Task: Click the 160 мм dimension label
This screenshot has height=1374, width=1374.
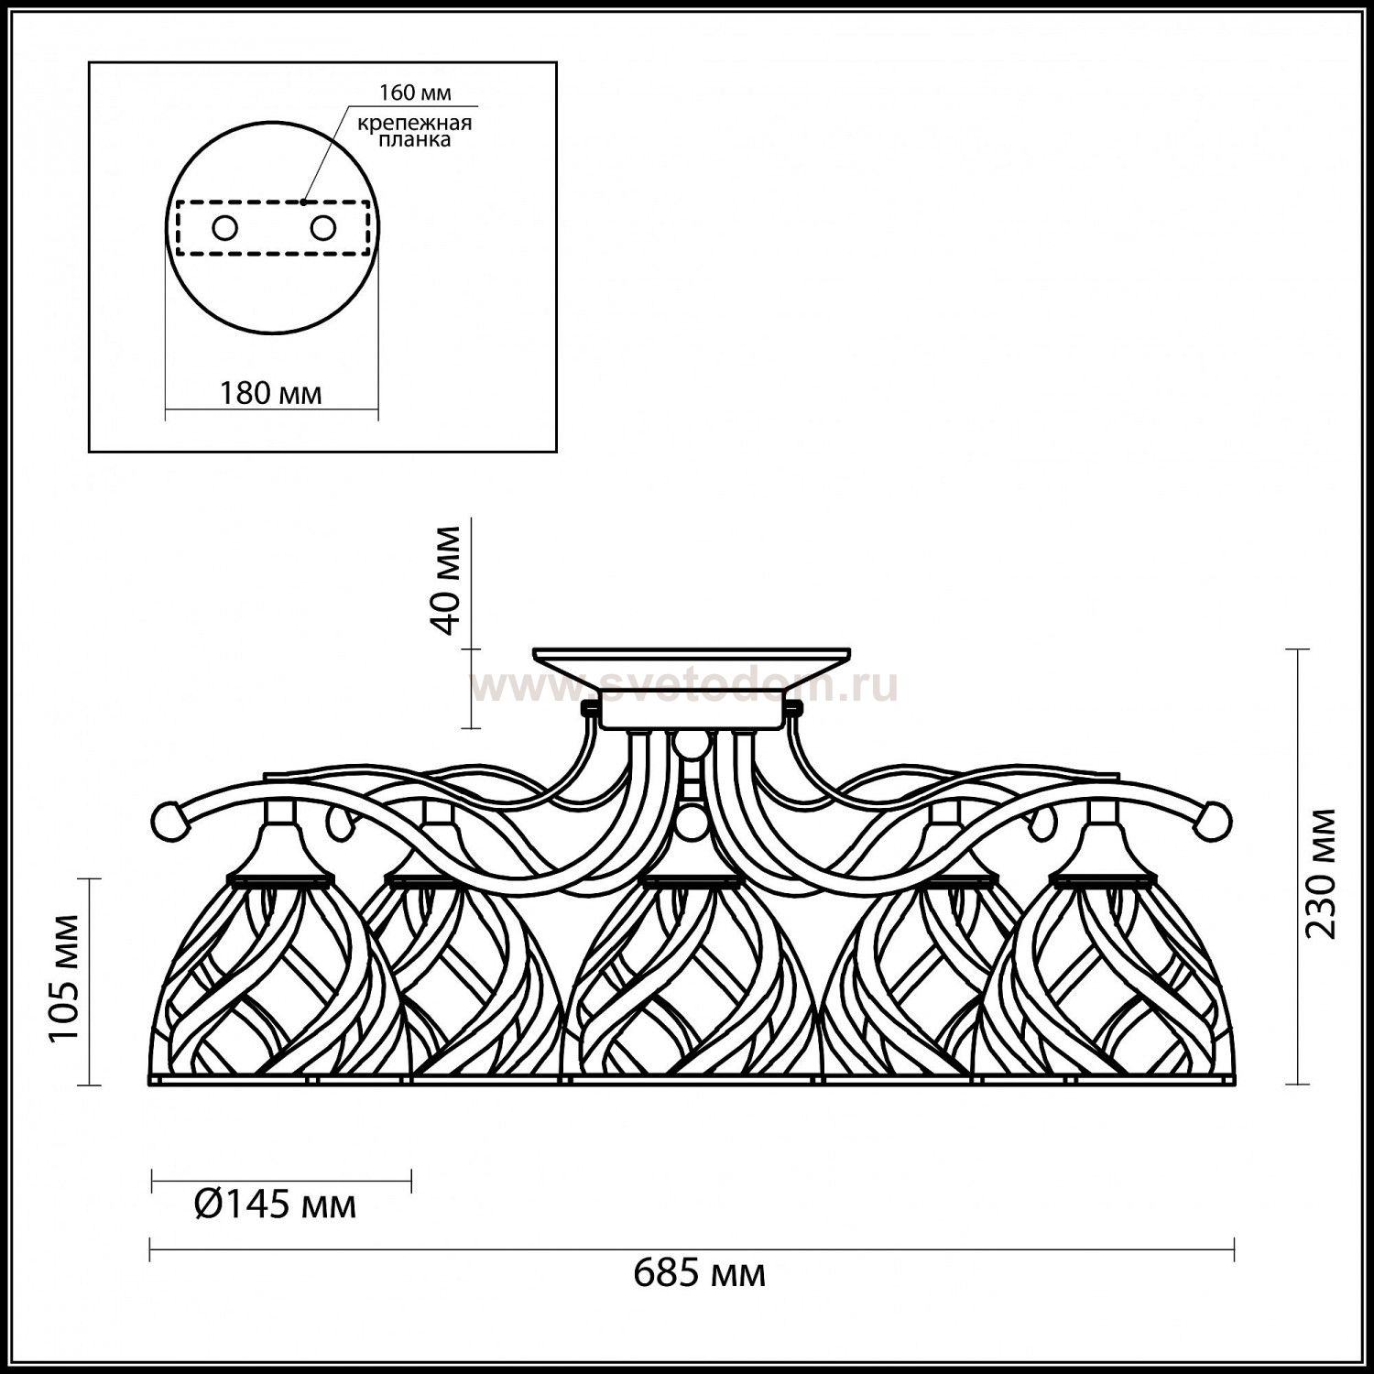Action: tap(415, 93)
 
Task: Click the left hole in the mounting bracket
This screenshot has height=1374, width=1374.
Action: tap(224, 228)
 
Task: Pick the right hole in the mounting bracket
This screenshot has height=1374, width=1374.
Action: tap(322, 227)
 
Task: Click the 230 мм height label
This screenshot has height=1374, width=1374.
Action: tap(1320, 874)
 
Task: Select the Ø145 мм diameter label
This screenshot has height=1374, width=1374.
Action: tap(276, 1205)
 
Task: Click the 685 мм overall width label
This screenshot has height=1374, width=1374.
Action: tap(700, 1273)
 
